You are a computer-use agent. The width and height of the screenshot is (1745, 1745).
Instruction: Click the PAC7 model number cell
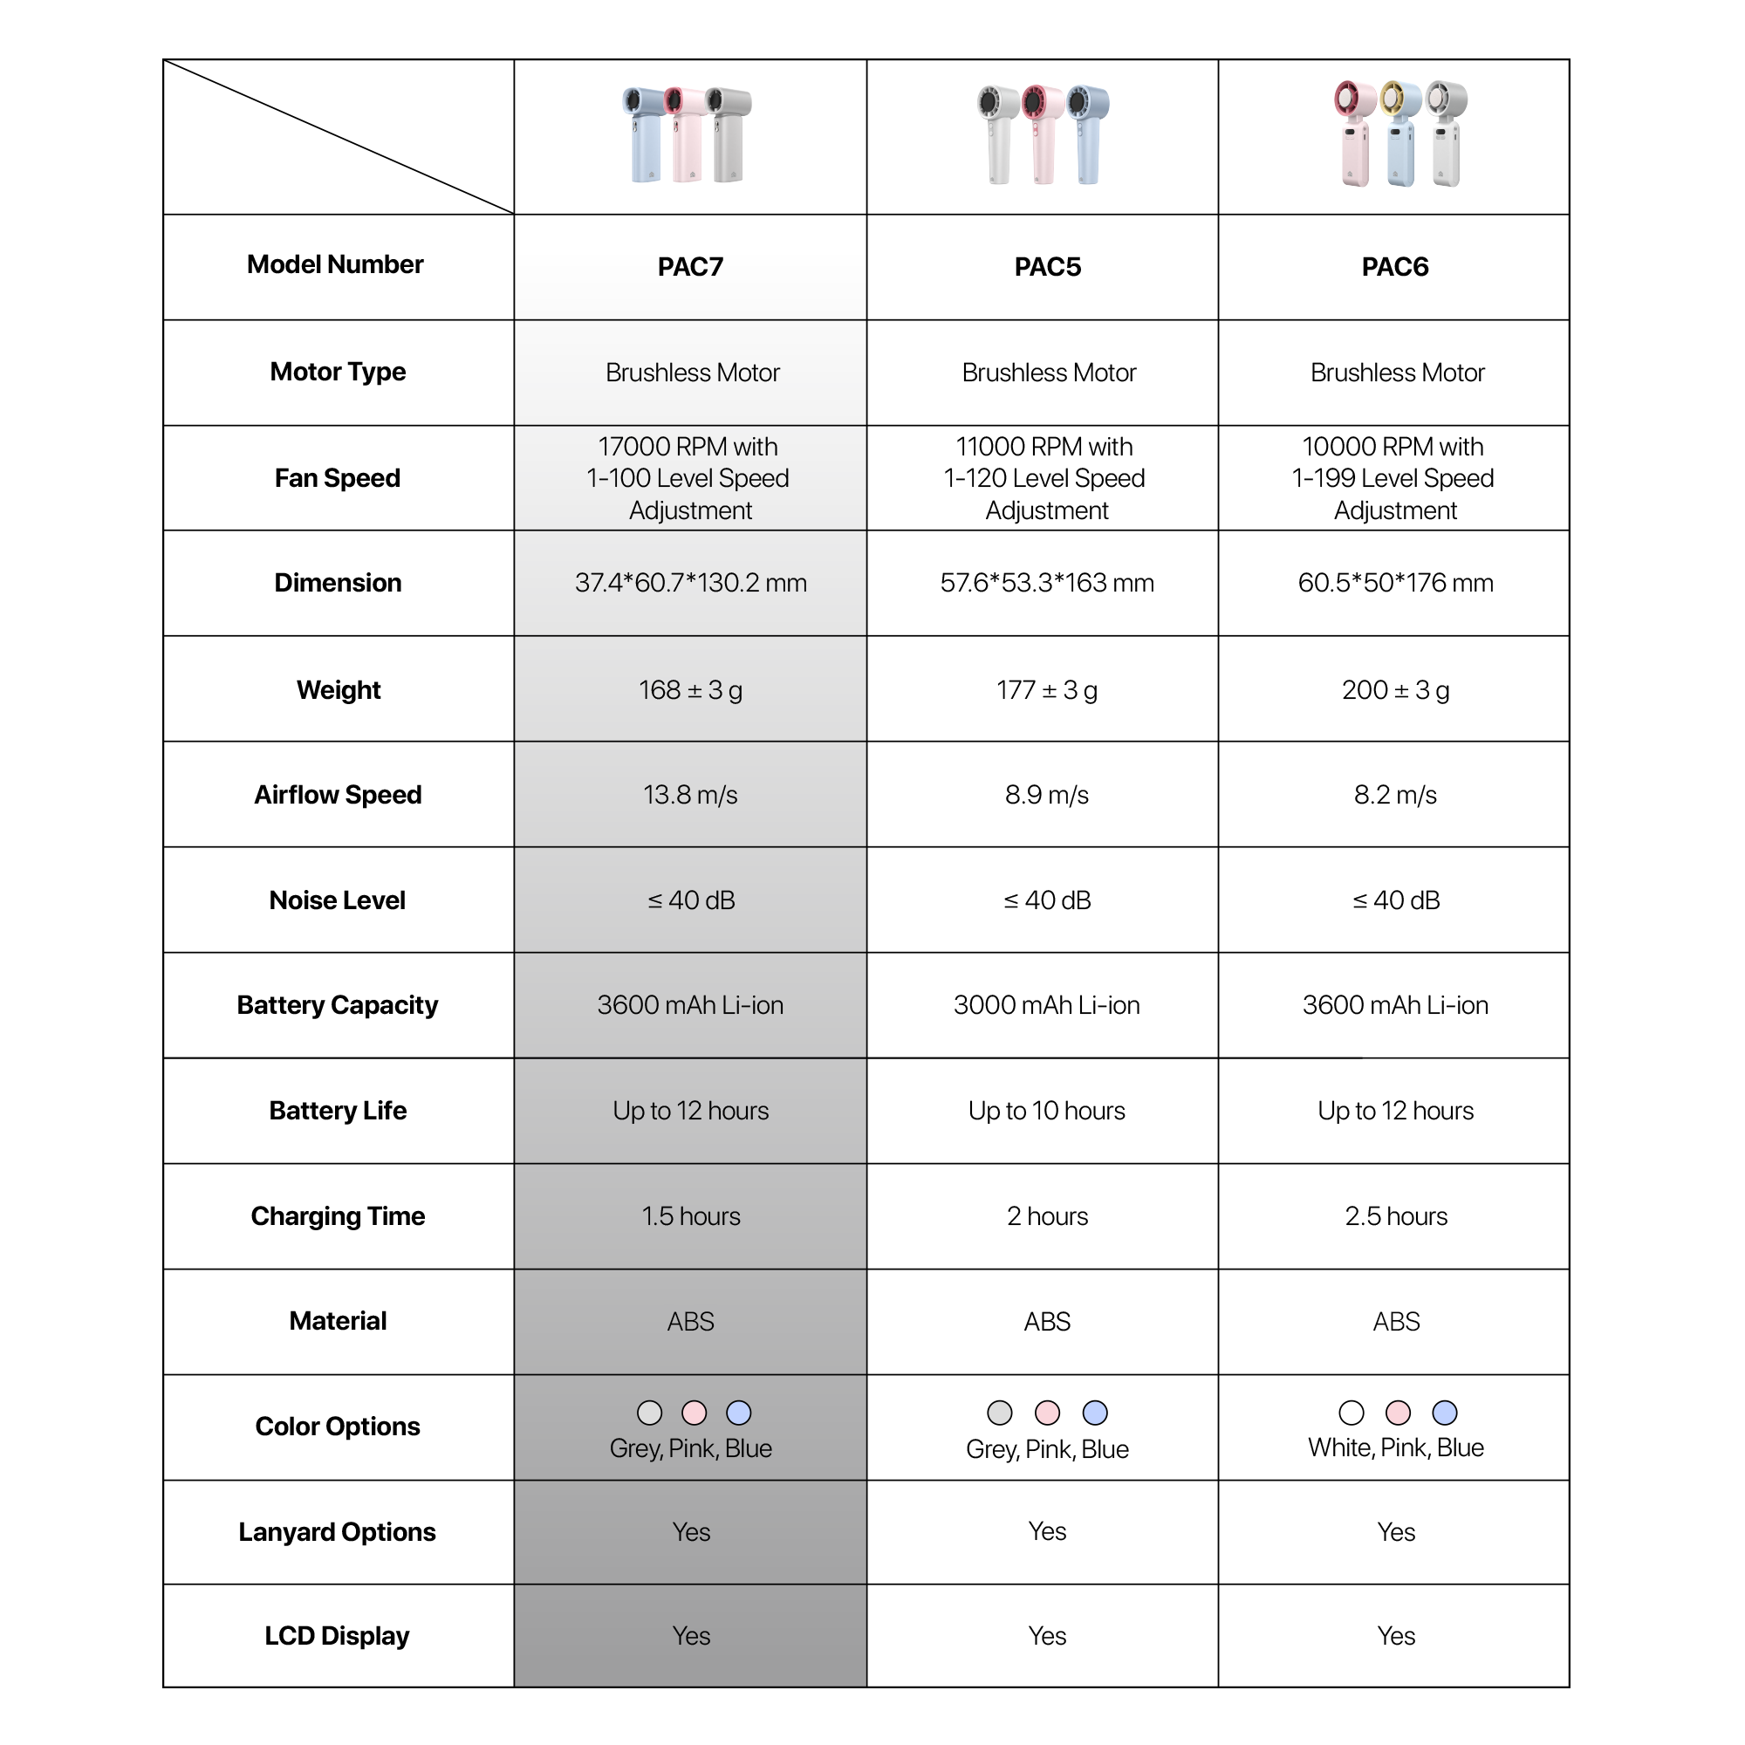[x=690, y=267]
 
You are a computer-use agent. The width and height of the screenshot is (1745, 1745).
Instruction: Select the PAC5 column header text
[x=1047, y=267]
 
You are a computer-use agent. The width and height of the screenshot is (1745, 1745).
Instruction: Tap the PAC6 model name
[x=1394, y=267]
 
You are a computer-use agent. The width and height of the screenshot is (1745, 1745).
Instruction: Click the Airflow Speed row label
[x=338, y=795]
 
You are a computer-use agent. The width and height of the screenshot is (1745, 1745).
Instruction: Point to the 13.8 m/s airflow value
[x=690, y=795]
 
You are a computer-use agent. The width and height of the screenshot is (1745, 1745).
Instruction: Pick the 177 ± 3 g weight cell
[x=1047, y=690]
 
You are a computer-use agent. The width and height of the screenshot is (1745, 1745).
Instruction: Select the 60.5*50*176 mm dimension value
[x=1394, y=584]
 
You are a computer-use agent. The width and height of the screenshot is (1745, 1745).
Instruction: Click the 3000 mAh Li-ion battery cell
[x=1047, y=1005]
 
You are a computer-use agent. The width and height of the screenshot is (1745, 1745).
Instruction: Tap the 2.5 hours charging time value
[x=1395, y=1216]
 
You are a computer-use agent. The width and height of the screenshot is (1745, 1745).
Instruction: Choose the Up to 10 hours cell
[x=1047, y=1111]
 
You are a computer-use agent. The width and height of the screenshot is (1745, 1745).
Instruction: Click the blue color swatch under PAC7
[x=739, y=1413]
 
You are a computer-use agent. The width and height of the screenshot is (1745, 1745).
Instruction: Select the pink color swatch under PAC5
[x=1047, y=1413]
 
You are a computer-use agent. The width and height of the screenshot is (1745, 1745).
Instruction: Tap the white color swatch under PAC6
[x=1352, y=1413]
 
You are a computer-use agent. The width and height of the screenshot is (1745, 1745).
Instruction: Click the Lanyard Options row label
[x=337, y=1532]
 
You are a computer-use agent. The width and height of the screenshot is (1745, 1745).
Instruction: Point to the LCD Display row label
[x=337, y=1636]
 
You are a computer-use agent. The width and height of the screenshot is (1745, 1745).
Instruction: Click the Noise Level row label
[x=337, y=900]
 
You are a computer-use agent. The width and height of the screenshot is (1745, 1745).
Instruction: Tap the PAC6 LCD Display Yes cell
[x=1395, y=1636]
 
